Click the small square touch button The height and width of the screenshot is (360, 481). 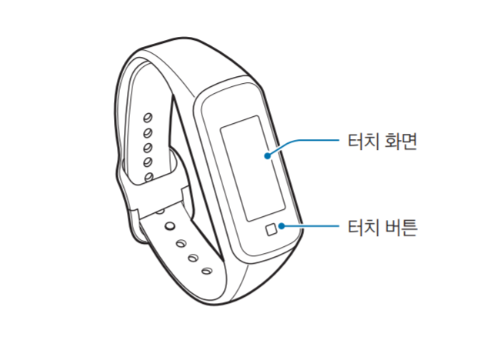[271, 229]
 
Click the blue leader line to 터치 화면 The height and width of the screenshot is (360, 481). [308, 141]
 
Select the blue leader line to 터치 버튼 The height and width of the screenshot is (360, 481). [312, 226]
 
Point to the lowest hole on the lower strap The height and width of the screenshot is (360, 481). [206, 271]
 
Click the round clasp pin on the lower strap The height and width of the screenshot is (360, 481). [169, 228]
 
